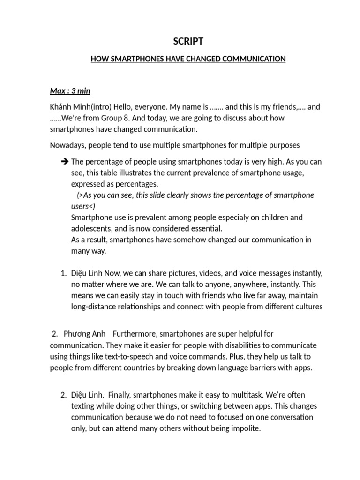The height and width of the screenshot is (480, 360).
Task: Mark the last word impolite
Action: tap(244, 428)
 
